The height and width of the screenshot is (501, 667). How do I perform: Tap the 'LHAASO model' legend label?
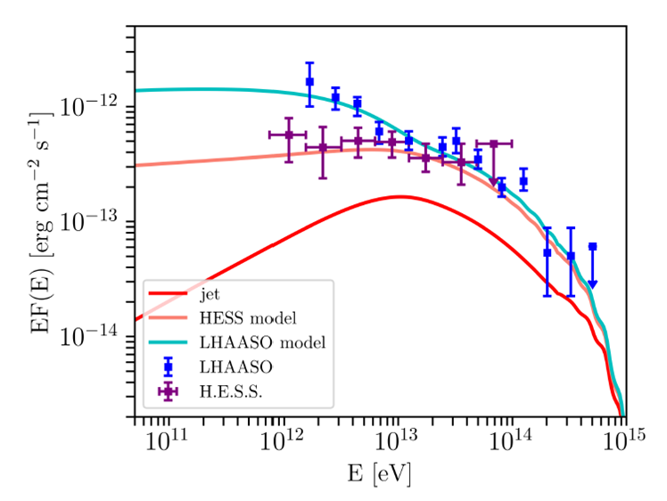coord(250,341)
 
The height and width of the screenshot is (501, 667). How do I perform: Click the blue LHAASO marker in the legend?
coord(167,366)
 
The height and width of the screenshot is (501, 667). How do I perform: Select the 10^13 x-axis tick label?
coord(397,440)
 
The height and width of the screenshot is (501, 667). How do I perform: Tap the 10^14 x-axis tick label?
coord(511,440)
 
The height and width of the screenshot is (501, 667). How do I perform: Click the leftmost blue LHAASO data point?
coord(309,82)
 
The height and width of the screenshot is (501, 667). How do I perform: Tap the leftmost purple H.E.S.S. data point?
coord(289,135)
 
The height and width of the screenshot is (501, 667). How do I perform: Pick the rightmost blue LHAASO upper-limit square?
coord(592,246)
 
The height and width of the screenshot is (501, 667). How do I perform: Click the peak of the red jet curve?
coord(399,196)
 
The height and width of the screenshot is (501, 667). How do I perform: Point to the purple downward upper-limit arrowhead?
coord(493,182)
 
